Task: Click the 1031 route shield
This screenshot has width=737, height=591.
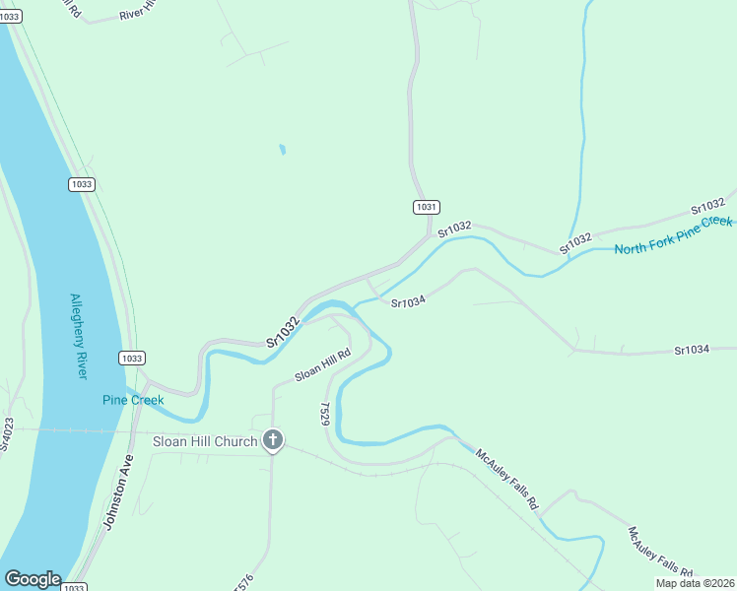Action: tap(426, 207)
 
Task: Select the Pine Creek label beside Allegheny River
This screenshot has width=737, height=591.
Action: tap(133, 400)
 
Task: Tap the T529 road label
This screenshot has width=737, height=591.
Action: tap(324, 413)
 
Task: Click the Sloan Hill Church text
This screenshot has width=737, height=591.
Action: tap(204, 441)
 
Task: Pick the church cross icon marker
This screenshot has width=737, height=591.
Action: tap(274, 441)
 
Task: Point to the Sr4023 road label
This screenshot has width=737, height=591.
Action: tap(7, 434)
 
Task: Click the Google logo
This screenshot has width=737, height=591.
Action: tap(33, 579)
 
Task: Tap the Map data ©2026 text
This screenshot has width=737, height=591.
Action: tap(695, 583)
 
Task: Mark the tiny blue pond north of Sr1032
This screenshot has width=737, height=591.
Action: tap(282, 150)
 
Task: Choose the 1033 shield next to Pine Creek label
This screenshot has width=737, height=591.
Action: tap(131, 358)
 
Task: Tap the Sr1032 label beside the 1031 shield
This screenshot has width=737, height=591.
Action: tap(455, 229)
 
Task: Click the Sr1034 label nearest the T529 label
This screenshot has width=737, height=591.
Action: tap(407, 302)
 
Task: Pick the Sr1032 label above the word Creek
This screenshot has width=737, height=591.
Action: tap(708, 205)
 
